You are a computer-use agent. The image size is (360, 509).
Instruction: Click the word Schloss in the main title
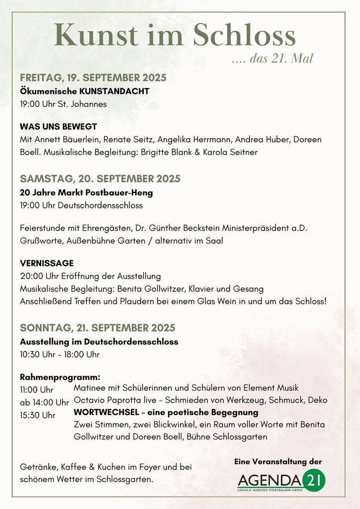(x=244, y=36)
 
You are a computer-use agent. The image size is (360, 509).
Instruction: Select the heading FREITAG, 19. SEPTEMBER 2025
(x=93, y=78)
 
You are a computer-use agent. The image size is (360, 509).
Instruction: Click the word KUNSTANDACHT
(x=114, y=91)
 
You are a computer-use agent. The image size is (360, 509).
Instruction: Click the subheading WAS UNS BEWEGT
(x=58, y=127)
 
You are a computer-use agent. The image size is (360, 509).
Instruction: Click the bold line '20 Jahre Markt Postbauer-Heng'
(x=86, y=192)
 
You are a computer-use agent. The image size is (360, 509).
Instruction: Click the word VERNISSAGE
(x=47, y=263)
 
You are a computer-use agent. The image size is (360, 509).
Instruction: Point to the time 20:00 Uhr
(x=38, y=276)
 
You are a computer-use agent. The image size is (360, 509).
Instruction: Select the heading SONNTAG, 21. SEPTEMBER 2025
(x=97, y=328)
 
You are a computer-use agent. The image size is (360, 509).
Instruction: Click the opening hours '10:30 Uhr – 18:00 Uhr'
(x=60, y=354)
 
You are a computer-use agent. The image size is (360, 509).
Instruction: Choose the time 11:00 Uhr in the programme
(x=36, y=390)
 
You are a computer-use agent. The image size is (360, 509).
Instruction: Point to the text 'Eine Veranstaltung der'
(x=278, y=462)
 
